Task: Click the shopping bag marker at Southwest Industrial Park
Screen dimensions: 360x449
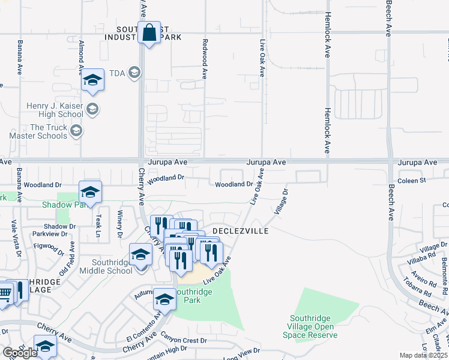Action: coord(149,32)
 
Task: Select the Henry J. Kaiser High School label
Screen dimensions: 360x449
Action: coord(55,110)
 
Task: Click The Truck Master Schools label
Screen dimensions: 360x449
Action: coord(40,131)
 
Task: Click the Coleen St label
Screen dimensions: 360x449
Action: coord(411,180)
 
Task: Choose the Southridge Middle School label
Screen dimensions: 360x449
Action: coord(112,266)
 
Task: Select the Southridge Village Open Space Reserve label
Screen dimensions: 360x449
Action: coord(312,326)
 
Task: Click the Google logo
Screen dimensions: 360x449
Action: coord(19,353)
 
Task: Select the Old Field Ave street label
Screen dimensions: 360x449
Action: coord(65,259)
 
